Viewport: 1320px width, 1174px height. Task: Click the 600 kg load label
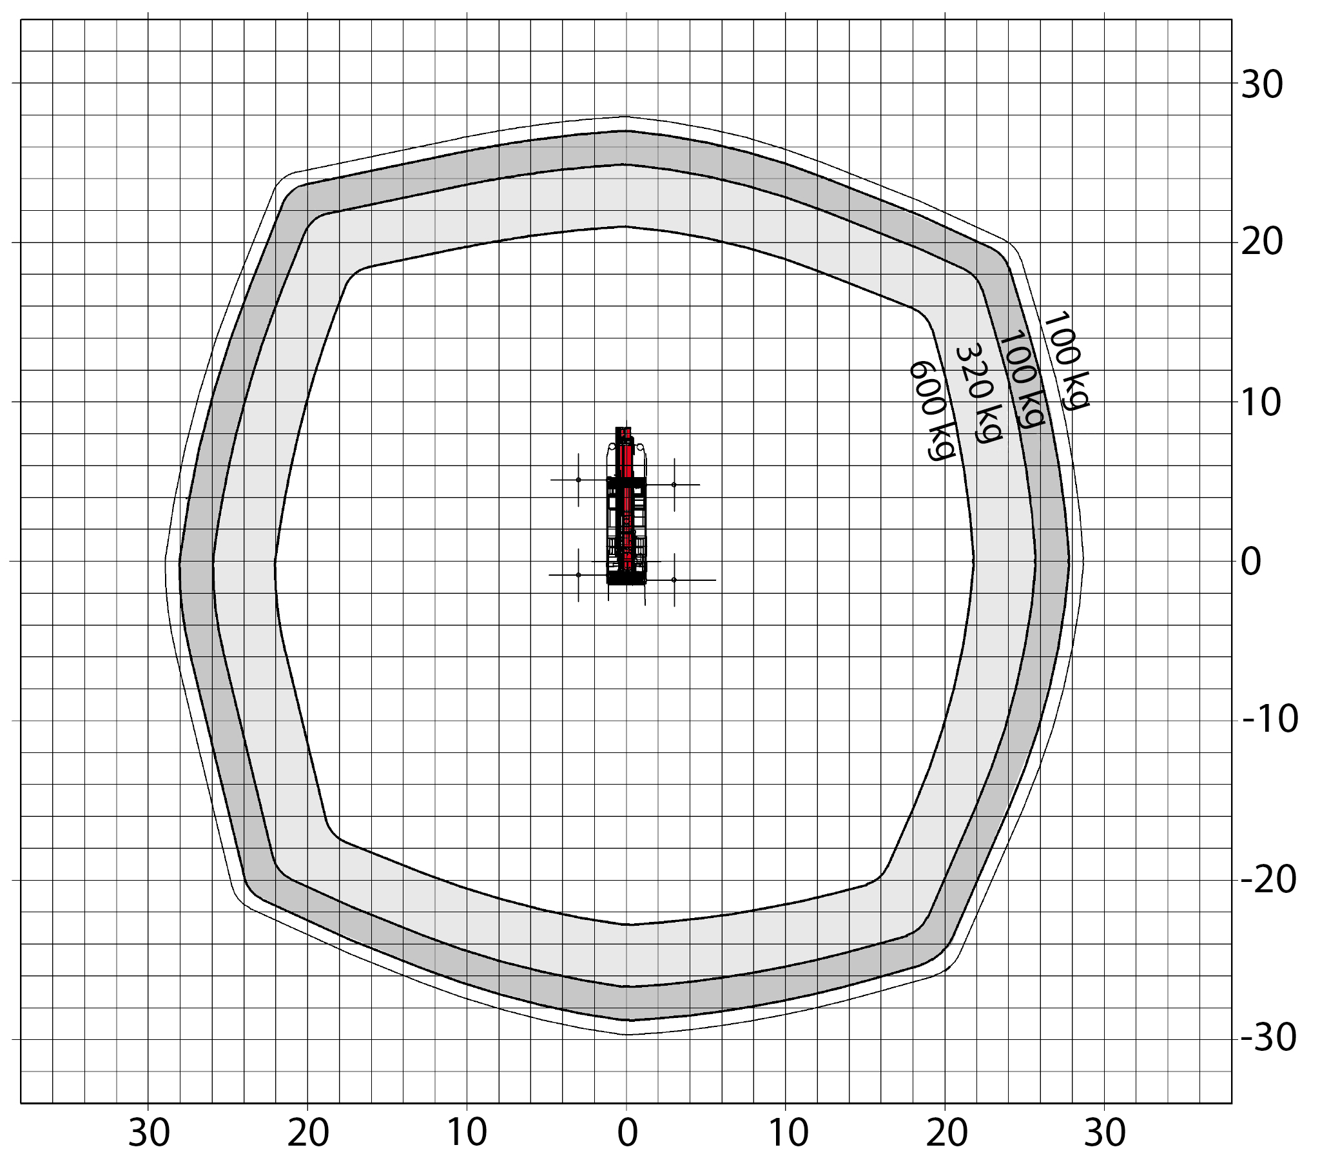point(932,410)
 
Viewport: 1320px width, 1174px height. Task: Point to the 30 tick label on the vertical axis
point(1261,84)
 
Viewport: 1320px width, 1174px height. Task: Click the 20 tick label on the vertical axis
point(1261,243)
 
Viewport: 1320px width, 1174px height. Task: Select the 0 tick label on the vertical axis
point(1251,562)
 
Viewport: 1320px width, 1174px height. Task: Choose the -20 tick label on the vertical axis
point(1268,880)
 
